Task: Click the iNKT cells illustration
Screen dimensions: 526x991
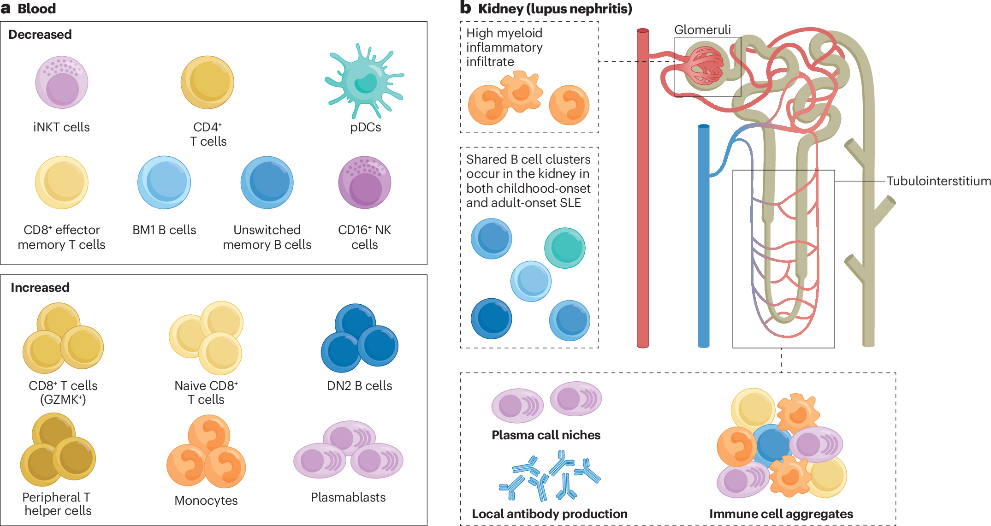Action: pyautogui.click(x=62, y=83)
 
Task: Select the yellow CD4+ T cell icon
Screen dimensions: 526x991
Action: pyautogui.click(x=208, y=83)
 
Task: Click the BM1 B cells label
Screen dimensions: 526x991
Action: pyautogui.click(x=164, y=230)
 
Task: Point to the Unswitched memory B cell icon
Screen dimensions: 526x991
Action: pyautogui.click(x=267, y=183)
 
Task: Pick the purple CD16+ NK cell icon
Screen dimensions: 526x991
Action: pyautogui.click(x=365, y=183)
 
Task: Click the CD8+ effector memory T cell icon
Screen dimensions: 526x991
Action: pyautogui.click(x=62, y=183)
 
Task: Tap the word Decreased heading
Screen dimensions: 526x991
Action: pyautogui.click(x=40, y=35)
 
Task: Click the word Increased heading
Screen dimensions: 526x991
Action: pyautogui.click(x=40, y=288)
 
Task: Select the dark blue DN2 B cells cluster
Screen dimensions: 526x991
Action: pyautogui.click(x=359, y=338)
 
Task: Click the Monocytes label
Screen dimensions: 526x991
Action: pyautogui.click(x=206, y=501)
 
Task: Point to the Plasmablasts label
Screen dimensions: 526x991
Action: pyautogui.click(x=348, y=497)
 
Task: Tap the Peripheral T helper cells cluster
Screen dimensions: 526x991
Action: pyautogui.click(x=58, y=449)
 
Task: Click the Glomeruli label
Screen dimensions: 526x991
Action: pyautogui.click(x=702, y=30)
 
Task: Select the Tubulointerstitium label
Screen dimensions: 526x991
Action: pyautogui.click(x=938, y=181)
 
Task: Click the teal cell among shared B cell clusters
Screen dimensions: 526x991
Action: pyautogui.click(x=565, y=248)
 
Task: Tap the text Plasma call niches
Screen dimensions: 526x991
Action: pyautogui.click(x=546, y=435)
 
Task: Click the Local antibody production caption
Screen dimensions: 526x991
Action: pyautogui.click(x=549, y=514)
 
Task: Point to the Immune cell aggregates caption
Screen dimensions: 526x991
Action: pyautogui.click(x=781, y=514)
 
